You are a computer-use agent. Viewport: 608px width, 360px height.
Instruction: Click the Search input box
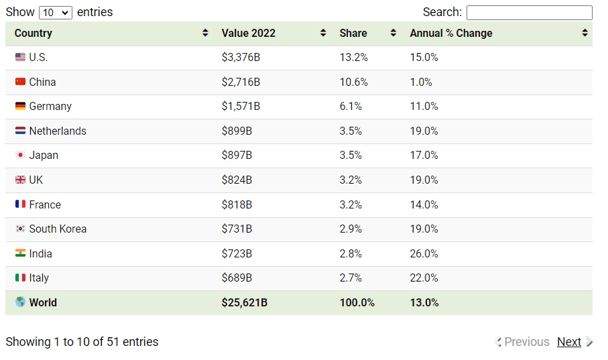(x=530, y=13)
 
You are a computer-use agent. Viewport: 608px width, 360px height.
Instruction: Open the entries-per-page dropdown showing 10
(x=56, y=13)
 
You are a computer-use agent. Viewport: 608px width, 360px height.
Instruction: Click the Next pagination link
(x=569, y=342)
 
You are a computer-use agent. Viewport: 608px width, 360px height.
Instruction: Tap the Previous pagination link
(x=527, y=342)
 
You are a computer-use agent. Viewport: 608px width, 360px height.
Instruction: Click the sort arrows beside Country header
(x=205, y=33)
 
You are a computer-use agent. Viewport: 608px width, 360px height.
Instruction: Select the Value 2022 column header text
(x=249, y=33)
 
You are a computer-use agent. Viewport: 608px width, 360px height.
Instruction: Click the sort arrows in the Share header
(x=393, y=33)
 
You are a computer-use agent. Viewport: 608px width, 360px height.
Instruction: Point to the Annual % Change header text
(x=451, y=33)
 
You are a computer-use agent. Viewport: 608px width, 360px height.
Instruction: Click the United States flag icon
(x=20, y=58)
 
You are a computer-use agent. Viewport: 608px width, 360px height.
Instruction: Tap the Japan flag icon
(x=20, y=155)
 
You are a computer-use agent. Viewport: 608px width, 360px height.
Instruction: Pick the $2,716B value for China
(x=241, y=82)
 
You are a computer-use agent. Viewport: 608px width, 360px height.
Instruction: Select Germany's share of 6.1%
(x=351, y=107)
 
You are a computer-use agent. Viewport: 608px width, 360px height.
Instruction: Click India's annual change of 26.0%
(x=424, y=253)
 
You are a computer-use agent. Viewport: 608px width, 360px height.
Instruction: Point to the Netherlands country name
(x=58, y=131)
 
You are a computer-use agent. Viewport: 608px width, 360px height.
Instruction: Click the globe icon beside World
(x=20, y=302)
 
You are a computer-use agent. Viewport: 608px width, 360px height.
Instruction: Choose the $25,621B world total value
(x=245, y=302)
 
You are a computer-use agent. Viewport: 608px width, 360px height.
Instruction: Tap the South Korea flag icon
(x=20, y=229)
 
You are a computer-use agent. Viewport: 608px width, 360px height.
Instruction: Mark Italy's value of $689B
(x=237, y=278)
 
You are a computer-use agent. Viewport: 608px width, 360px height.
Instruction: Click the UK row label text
(x=36, y=180)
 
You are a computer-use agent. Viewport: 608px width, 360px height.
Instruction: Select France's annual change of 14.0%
(x=424, y=205)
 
